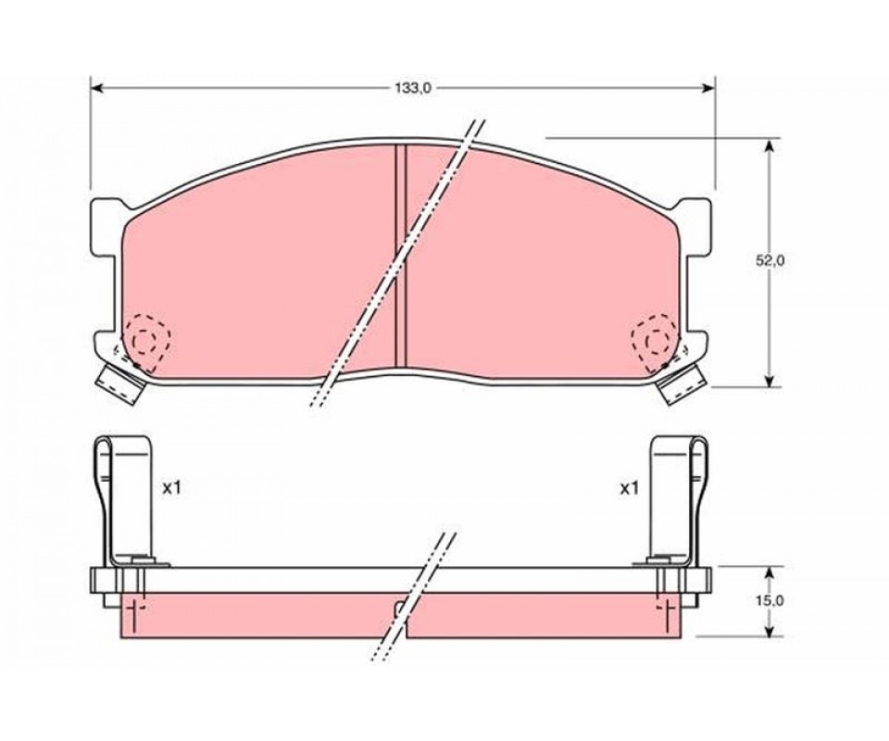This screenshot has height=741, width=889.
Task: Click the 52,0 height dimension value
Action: pos(770,261)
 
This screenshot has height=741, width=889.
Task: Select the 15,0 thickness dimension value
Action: pos(770,600)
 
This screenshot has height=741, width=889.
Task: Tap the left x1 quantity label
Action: pos(171,487)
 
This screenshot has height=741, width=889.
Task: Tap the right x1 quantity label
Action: pos(629,487)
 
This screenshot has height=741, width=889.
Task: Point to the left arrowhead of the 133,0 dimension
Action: pos(96,88)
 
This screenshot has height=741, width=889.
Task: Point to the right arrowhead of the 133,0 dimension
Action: pos(708,88)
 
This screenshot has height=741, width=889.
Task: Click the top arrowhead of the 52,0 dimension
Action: pos(769,145)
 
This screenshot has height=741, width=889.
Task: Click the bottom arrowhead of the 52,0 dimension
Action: pos(769,381)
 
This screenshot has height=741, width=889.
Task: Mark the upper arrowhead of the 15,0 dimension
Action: pos(769,573)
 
